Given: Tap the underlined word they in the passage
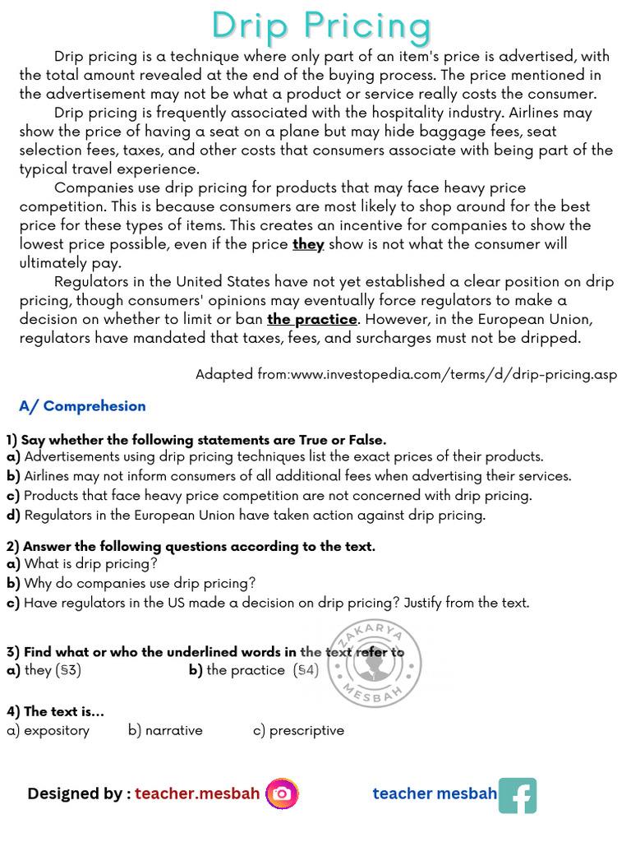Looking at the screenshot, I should [x=308, y=244].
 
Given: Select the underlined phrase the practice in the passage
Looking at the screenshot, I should [x=312, y=319].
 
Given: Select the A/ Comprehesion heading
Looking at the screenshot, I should [x=82, y=406].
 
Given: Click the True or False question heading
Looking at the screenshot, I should [x=196, y=440].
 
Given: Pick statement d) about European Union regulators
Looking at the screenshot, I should [x=246, y=516].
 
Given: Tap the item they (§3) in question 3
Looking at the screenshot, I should [x=44, y=670].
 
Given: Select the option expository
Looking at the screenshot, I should [x=48, y=730].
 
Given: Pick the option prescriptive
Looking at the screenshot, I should [x=299, y=730].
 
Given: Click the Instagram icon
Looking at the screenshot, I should [x=282, y=793].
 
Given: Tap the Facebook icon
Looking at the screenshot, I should [x=518, y=795].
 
